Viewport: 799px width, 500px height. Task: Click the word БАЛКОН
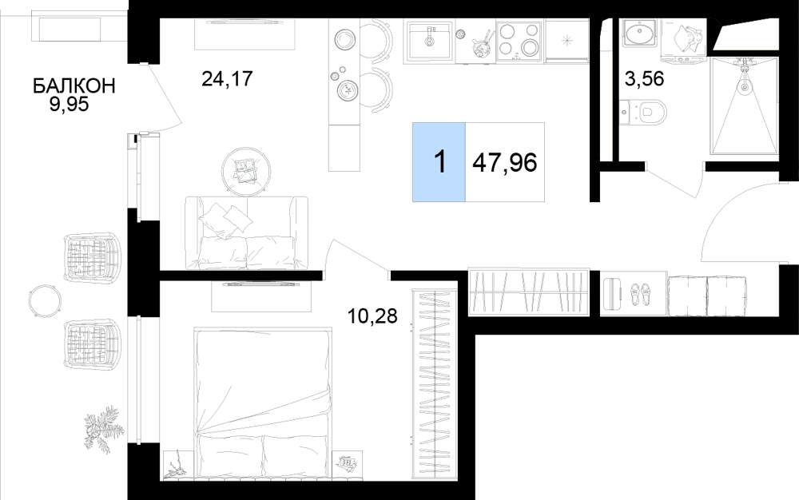74,85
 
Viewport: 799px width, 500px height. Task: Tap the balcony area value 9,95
69,105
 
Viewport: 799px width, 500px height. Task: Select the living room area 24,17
227,78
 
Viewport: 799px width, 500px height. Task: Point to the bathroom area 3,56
644,79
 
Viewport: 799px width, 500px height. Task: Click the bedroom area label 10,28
372,316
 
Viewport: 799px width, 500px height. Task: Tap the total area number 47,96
504,163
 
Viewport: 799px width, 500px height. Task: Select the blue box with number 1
439,162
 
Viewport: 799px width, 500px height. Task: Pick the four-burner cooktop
519,40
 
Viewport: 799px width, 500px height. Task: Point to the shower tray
745,105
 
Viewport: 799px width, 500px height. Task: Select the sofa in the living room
247,232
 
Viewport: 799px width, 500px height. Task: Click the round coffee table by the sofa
247,171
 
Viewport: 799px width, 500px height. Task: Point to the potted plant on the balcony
104,429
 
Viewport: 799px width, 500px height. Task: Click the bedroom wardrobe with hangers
435,383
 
